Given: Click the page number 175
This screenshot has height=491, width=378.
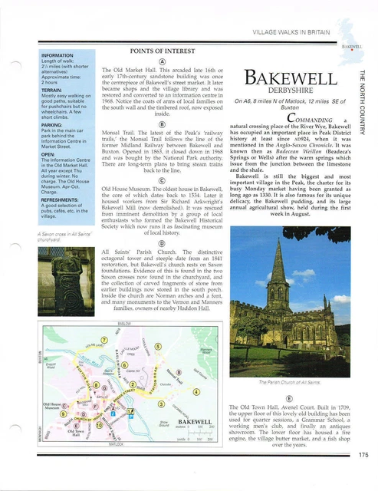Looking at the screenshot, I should pos(362,476).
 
